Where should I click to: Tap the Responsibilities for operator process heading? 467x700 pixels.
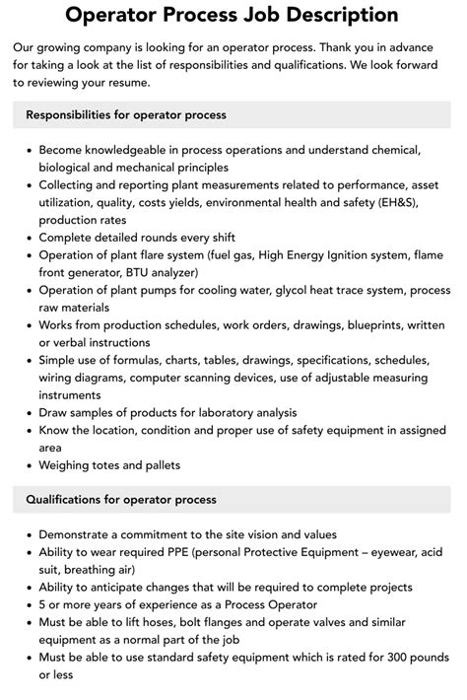(x=126, y=115)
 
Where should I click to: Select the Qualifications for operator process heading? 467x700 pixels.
(x=121, y=500)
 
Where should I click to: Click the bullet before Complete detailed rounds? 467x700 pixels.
(x=27, y=238)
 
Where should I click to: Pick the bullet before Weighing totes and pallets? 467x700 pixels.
(x=27, y=464)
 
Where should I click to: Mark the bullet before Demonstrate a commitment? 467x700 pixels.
(x=27, y=534)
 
